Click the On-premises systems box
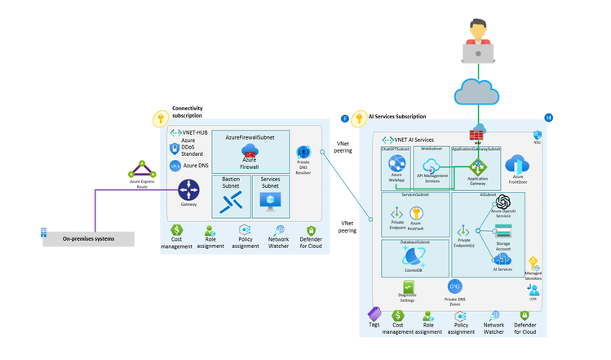[87, 239]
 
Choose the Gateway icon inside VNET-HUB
[188, 193]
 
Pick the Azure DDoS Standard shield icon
[175, 149]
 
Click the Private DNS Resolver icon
[303, 153]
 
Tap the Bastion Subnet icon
[231, 202]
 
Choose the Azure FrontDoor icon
[518, 165]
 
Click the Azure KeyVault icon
[416, 214]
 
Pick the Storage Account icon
[502, 231]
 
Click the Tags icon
[374, 313]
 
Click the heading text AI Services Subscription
[397, 117]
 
